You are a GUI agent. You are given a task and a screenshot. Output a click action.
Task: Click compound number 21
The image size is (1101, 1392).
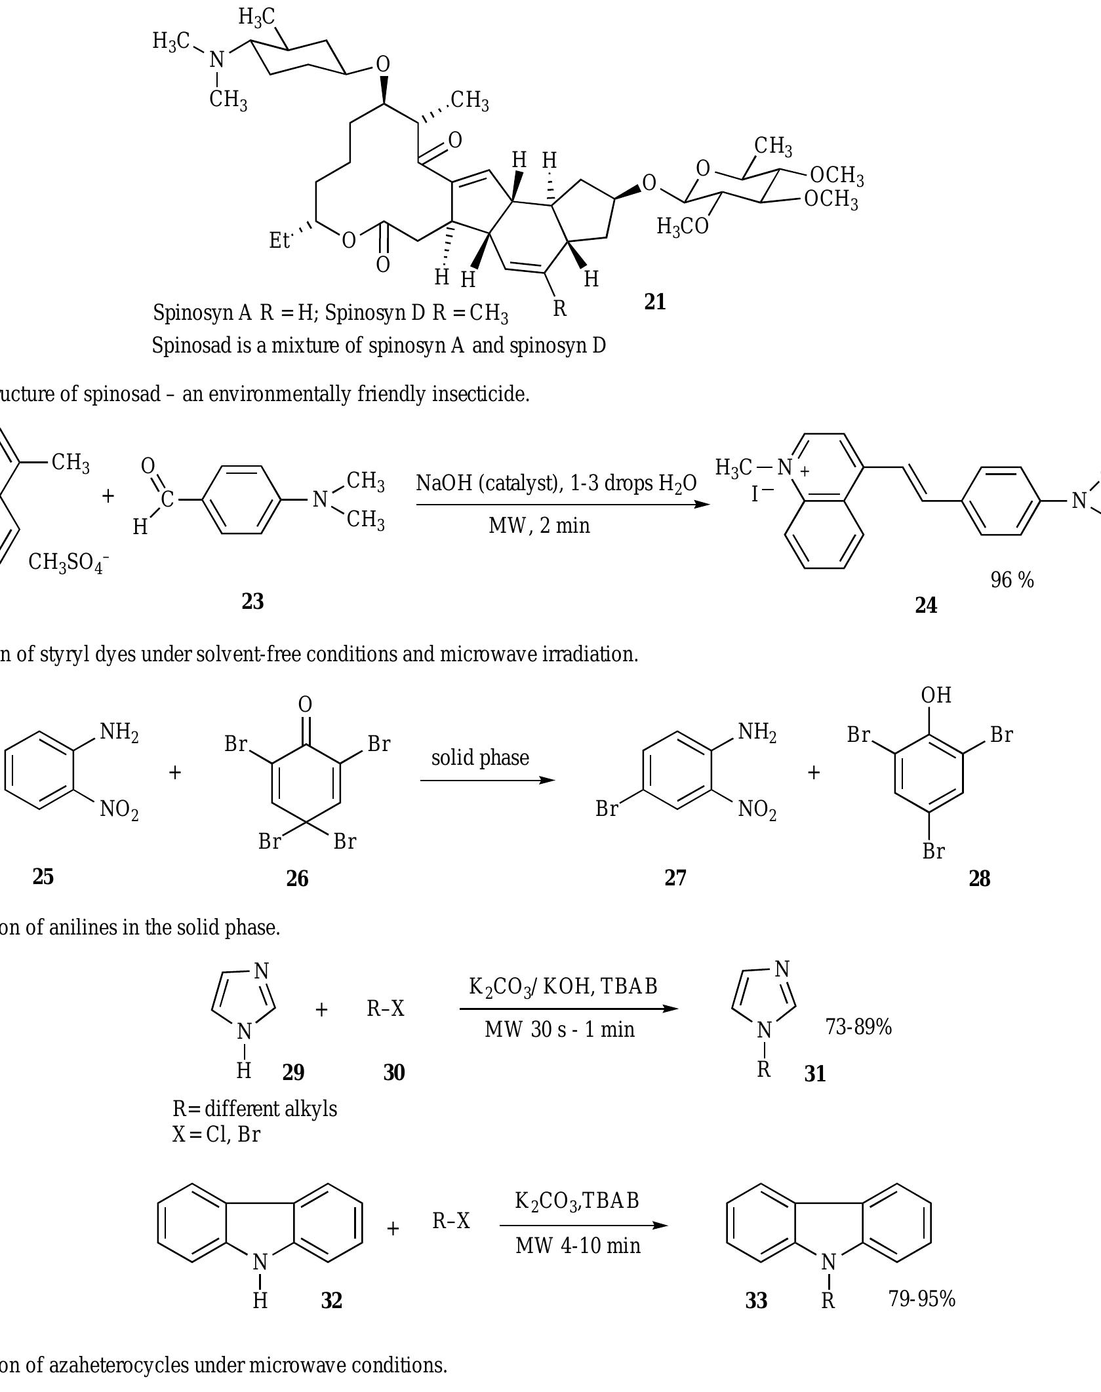(655, 301)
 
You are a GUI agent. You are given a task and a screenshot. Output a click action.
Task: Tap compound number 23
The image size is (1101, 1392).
(252, 601)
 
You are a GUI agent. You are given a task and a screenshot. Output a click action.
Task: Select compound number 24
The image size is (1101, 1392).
(926, 605)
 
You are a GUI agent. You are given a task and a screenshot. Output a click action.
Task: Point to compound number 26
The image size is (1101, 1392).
(297, 878)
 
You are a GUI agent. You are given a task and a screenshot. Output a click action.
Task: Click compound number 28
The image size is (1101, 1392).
(979, 878)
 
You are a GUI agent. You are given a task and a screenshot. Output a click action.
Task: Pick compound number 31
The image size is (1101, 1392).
(815, 1073)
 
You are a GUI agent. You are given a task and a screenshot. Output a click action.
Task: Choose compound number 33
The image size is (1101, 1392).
(756, 1300)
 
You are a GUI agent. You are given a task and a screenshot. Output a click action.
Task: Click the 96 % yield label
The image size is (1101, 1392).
(1012, 579)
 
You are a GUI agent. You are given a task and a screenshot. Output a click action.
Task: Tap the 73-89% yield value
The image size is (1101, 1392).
(858, 1027)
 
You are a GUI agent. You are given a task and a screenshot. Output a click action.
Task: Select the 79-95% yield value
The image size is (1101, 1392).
(922, 1298)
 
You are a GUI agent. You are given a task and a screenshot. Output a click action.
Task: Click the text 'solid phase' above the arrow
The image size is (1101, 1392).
(480, 758)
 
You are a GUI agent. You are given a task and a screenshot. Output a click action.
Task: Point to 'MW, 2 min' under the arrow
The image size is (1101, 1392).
(539, 526)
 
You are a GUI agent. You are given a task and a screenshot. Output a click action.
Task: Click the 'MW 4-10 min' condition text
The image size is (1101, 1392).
(578, 1245)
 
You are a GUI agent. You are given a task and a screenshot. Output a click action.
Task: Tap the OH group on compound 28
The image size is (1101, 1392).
(936, 695)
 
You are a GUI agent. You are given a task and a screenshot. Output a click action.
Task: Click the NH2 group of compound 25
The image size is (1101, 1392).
(119, 732)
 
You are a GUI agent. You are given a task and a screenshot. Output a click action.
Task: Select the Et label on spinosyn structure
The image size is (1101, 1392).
(279, 241)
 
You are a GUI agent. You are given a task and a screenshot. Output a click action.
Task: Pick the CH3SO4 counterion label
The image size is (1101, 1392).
(69, 562)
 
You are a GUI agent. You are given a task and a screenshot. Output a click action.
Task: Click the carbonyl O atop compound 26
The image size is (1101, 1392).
(305, 705)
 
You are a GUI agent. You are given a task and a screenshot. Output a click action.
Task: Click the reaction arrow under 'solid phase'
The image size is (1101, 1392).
(487, 780)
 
